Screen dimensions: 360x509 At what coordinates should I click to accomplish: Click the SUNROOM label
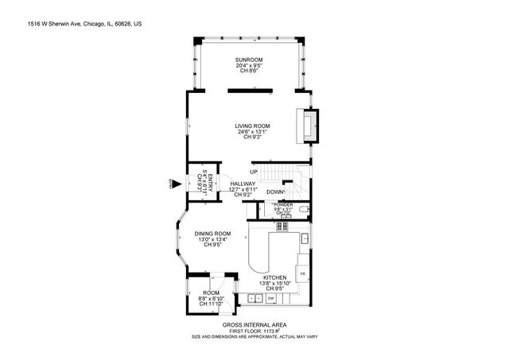(x=248, y=60)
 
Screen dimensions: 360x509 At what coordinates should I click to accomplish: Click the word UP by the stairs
(x=253, y=172)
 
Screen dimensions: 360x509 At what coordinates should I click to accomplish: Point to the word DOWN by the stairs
(x=275, y=192)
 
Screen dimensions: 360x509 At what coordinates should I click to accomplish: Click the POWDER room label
(x=283, y=205)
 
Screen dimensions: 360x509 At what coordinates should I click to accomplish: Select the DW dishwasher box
(x=271, y=298)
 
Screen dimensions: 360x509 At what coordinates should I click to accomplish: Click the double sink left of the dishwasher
(x=255, y=298)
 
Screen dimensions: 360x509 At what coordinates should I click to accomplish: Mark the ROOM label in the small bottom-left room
(x=211, y=292)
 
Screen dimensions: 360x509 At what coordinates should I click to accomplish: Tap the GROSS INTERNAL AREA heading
(x=255, y=325)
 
